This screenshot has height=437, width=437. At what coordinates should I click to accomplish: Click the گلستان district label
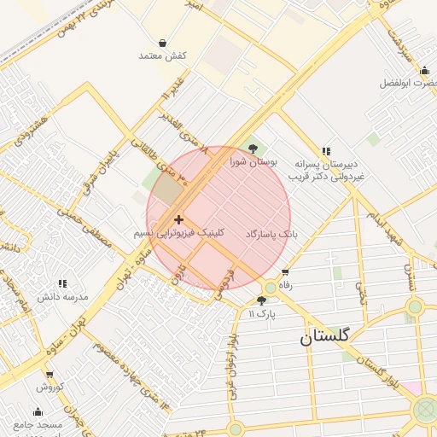pos(324,337)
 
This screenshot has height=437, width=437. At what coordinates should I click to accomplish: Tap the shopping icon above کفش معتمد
pos(162,43)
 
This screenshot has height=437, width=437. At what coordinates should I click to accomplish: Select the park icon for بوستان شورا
pos(249,149)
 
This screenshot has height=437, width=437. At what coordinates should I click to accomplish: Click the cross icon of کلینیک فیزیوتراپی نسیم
pos(178,220)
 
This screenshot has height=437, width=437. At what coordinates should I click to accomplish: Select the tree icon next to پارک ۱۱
pos(261,300)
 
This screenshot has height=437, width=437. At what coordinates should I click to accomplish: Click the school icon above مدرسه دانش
pos(61,283)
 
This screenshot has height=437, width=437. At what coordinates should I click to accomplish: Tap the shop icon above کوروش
pos(50,374)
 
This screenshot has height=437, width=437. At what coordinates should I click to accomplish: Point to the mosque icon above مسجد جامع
pos(38,411)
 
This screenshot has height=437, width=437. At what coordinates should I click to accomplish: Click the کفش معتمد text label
pos(162,55)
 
